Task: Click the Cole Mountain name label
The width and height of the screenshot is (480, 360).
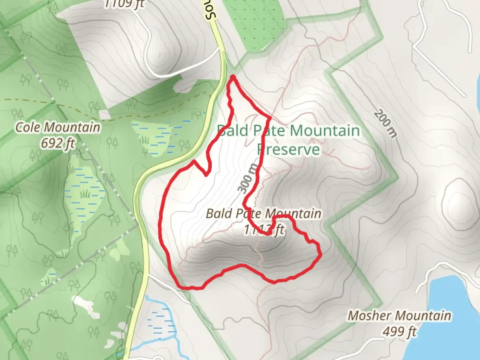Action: coord(58,127)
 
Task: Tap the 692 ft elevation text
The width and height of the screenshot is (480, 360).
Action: coord(58,143)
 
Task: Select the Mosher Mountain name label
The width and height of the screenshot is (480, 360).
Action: coord(399,315)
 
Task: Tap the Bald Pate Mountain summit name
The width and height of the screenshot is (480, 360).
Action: coord(263,213)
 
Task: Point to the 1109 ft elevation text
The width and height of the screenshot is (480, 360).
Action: coord(124,4)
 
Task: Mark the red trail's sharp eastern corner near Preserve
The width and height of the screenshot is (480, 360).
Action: coord(269,118)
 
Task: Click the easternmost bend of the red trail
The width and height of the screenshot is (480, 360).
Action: coord(320,255)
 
